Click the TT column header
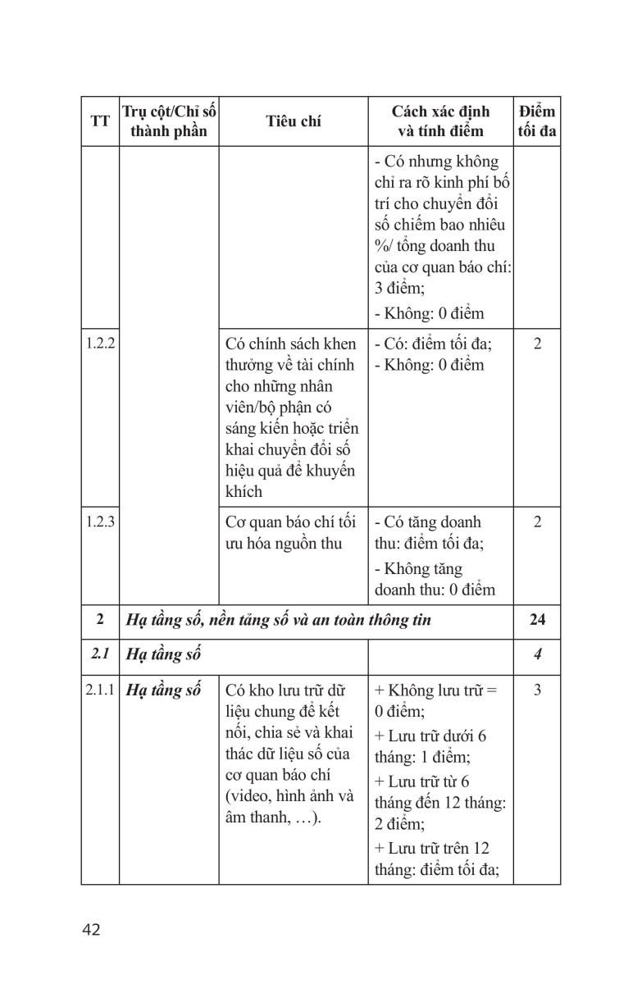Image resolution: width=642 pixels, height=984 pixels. (100, 121)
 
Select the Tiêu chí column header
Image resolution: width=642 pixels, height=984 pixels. (293, 121)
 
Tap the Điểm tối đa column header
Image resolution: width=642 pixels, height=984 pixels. (537, 121)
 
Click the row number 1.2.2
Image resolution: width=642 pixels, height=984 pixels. (100, 344)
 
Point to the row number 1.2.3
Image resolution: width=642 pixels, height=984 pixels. (100, 522)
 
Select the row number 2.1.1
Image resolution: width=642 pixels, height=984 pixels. (100, 690)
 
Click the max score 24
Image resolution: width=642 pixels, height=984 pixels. (537, 620)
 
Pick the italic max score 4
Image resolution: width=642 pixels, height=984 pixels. (537, 654)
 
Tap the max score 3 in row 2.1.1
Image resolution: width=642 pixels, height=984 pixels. (537, 690)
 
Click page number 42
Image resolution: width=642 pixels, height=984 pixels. (91, 930)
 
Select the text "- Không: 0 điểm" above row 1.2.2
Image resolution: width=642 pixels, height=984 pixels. (429, 313)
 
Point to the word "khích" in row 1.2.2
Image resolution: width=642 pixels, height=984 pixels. (244, 492)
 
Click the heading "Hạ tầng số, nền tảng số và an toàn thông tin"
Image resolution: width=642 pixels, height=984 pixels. (278, 620)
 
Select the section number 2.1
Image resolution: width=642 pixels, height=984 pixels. (100, 654)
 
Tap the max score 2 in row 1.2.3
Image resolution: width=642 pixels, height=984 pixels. (537, 522)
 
